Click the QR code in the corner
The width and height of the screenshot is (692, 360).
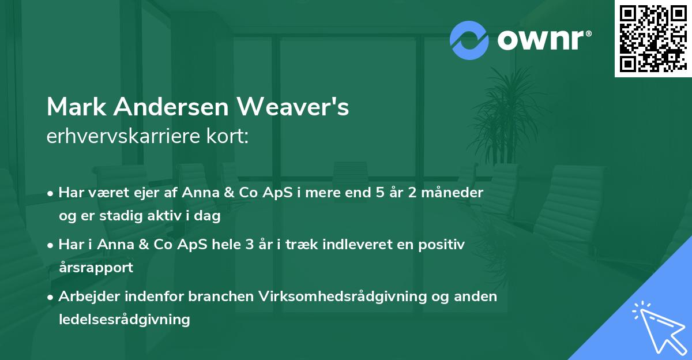click(653, 39)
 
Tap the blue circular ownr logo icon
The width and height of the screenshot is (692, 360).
click(469, 40)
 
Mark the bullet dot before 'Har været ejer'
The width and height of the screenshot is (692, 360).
click(51, 193)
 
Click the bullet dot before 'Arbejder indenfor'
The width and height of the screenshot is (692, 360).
click(51, 297)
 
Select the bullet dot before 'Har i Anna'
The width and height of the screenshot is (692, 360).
click(51, 245)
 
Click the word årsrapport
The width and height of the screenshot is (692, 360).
click(96, 267)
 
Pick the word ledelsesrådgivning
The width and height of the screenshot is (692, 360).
click(124, 319)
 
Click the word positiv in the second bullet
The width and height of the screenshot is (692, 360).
click(439, 245)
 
